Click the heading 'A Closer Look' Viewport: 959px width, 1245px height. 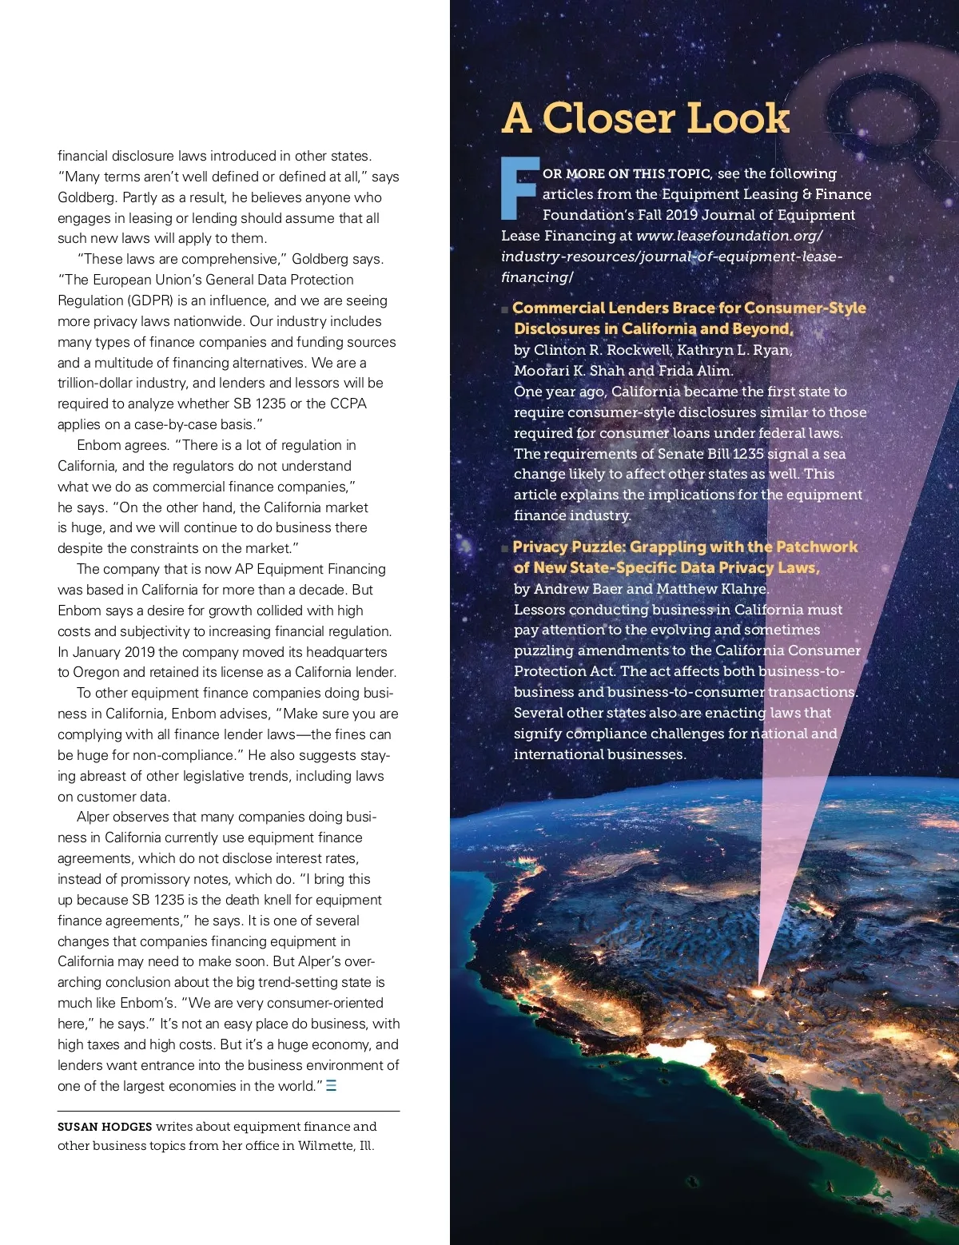pyautogui.click(x=645, y=118)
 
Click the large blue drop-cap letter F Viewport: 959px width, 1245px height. pyautogui.click(x=519, y=189)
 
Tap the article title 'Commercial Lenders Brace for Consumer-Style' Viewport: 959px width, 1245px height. pyautogui.click(x=689, y=308)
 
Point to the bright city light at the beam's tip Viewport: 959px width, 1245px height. pyautogui.click(x=757, y=992)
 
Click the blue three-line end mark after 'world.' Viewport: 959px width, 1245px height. pyautogui.click(x=332, y=1086)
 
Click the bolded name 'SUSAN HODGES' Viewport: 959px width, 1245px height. pyautogui.click(x=105, y=1127)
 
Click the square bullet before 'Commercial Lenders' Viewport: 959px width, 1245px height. pyautogui.click(x=505, y=309)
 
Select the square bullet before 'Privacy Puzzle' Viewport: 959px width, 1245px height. pyautogui.click(x=505, y=548)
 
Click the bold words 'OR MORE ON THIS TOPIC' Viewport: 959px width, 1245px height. pyautogui.click(x=627, y=173)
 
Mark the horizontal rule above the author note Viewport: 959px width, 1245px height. pyautogui.click(x=229, y=1111)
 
